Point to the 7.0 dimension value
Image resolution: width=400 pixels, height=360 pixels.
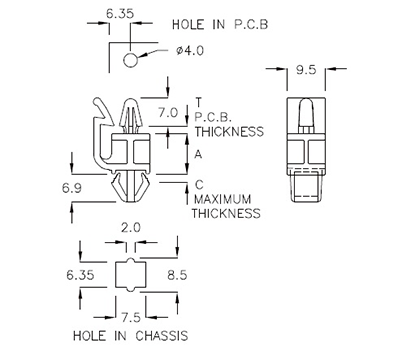167,112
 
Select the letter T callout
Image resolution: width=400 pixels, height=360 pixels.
200,101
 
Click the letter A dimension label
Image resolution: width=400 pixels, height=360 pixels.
200,154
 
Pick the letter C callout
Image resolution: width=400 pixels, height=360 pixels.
200,184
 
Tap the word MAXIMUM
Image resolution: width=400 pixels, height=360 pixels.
229,199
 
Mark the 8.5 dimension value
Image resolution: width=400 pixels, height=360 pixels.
177,273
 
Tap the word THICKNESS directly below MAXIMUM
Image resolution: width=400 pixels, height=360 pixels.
229,213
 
